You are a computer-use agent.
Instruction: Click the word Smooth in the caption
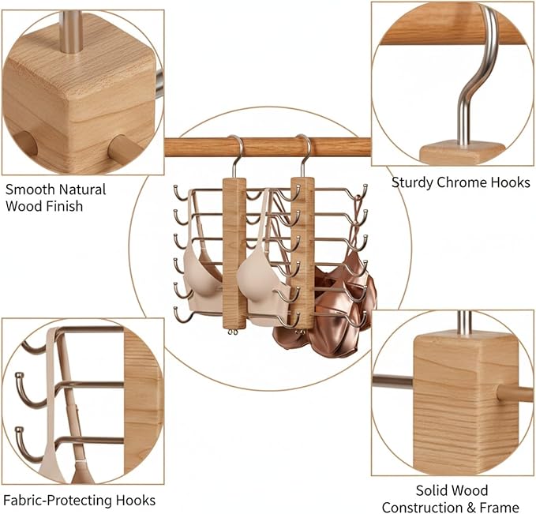30,189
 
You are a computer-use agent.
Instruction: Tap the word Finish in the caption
68,206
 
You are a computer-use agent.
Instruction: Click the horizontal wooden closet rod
268,147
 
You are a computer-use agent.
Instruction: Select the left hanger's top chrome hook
235,156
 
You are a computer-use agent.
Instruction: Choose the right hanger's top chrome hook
304,156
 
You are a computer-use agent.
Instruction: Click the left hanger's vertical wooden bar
234,253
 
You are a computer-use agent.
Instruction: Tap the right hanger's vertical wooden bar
302,253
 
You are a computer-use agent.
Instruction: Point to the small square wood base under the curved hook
462,153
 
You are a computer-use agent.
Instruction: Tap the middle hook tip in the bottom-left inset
18,377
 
